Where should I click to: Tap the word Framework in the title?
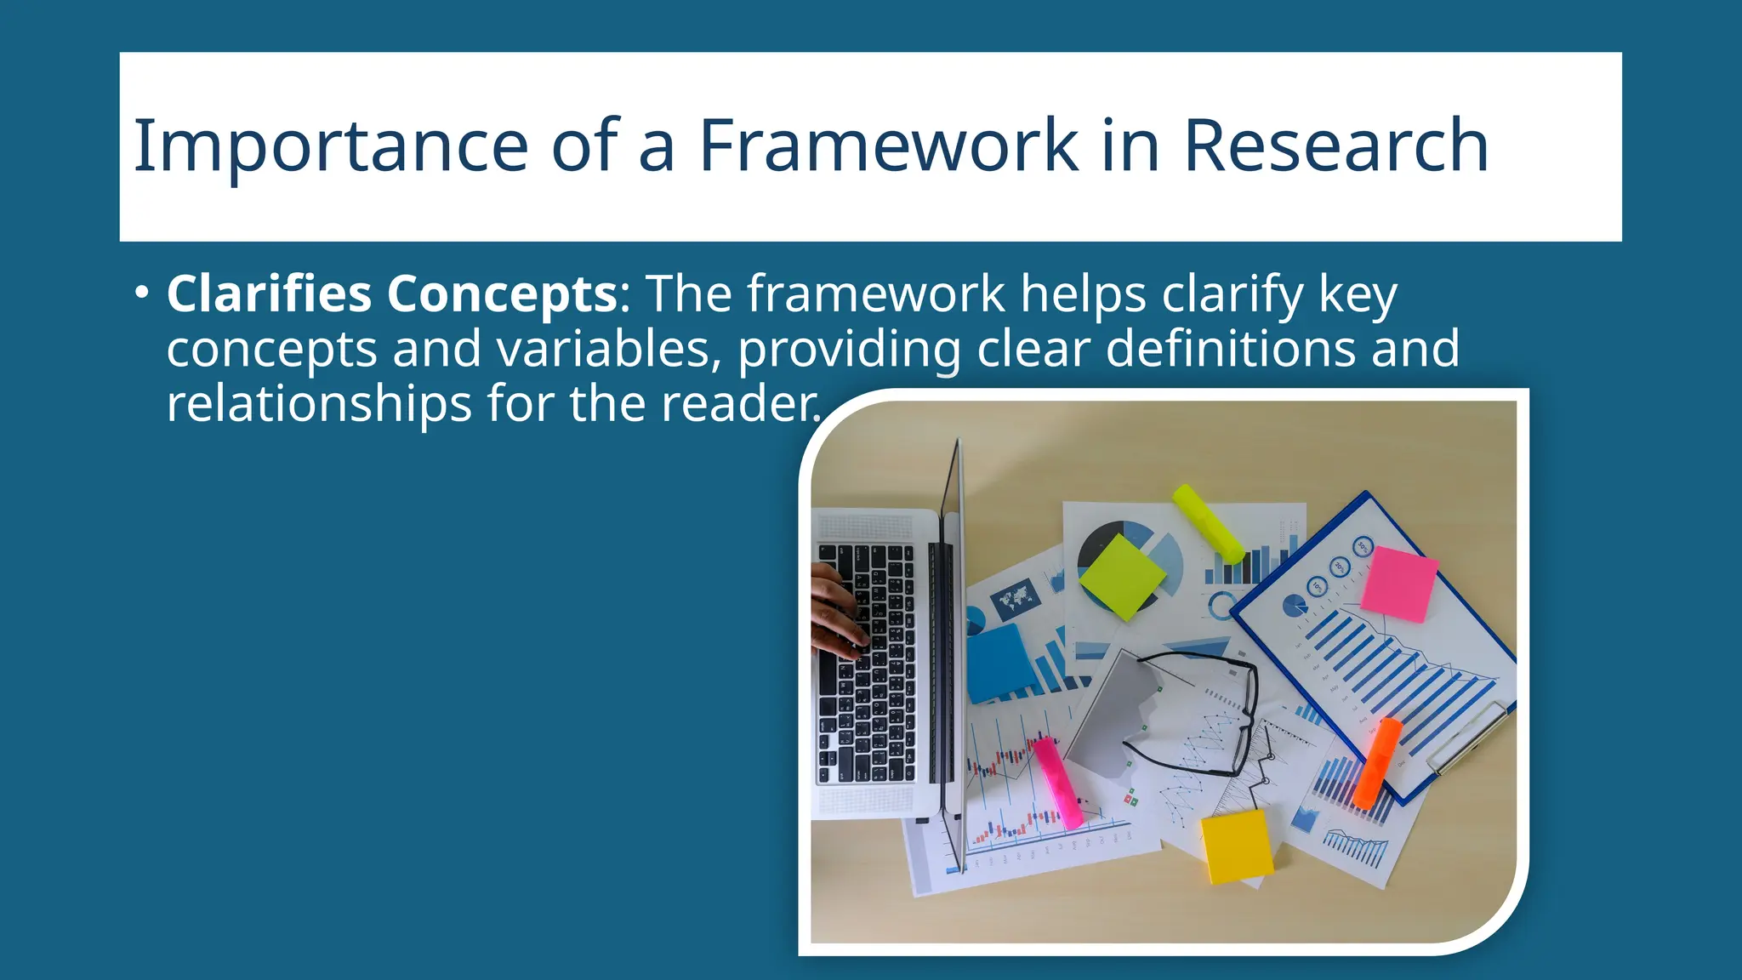pos(889,146)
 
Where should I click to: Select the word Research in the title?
pos(1335,146)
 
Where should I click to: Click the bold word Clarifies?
pos(269,294)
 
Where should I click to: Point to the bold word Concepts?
pos(502,294)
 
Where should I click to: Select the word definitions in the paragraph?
pos(1230,349)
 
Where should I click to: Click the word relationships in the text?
pos(318,403)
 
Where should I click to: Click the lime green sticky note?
pos(1122,576)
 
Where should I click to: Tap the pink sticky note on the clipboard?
pos(1398,584)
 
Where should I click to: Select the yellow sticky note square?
pos(1236,846)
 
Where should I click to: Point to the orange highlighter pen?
pos(1377,762)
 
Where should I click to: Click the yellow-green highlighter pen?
pos(1208,523)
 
